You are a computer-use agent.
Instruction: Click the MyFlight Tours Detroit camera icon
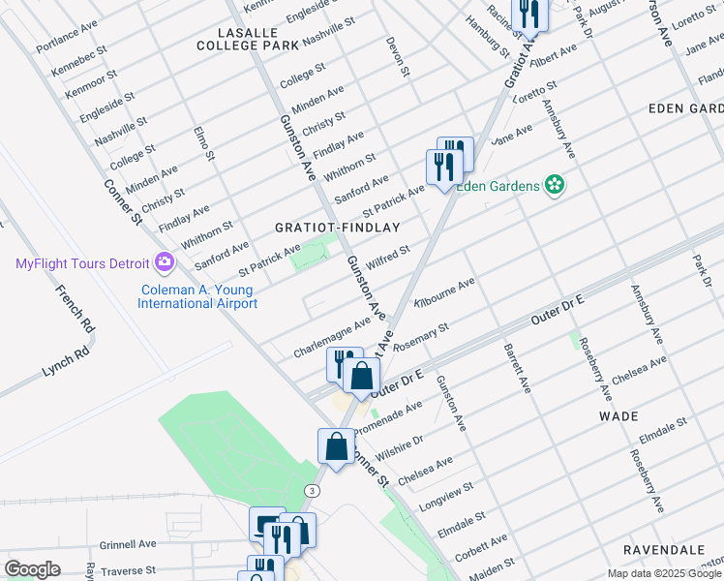(x=164, y=262)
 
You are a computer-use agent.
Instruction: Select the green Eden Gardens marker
(x=555, y=184)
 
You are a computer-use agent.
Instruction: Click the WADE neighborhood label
(x=618, y=415)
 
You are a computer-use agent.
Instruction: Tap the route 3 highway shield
(x=311, y=491)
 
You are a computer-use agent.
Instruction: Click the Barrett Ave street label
(x=516, y=368)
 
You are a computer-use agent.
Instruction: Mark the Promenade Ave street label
(x=388, y=419)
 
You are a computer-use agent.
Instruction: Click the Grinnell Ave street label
(x=127, y=544)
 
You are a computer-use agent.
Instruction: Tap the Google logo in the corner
(x=32, y=569)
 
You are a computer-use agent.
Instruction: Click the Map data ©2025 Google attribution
(x=665, y=573)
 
